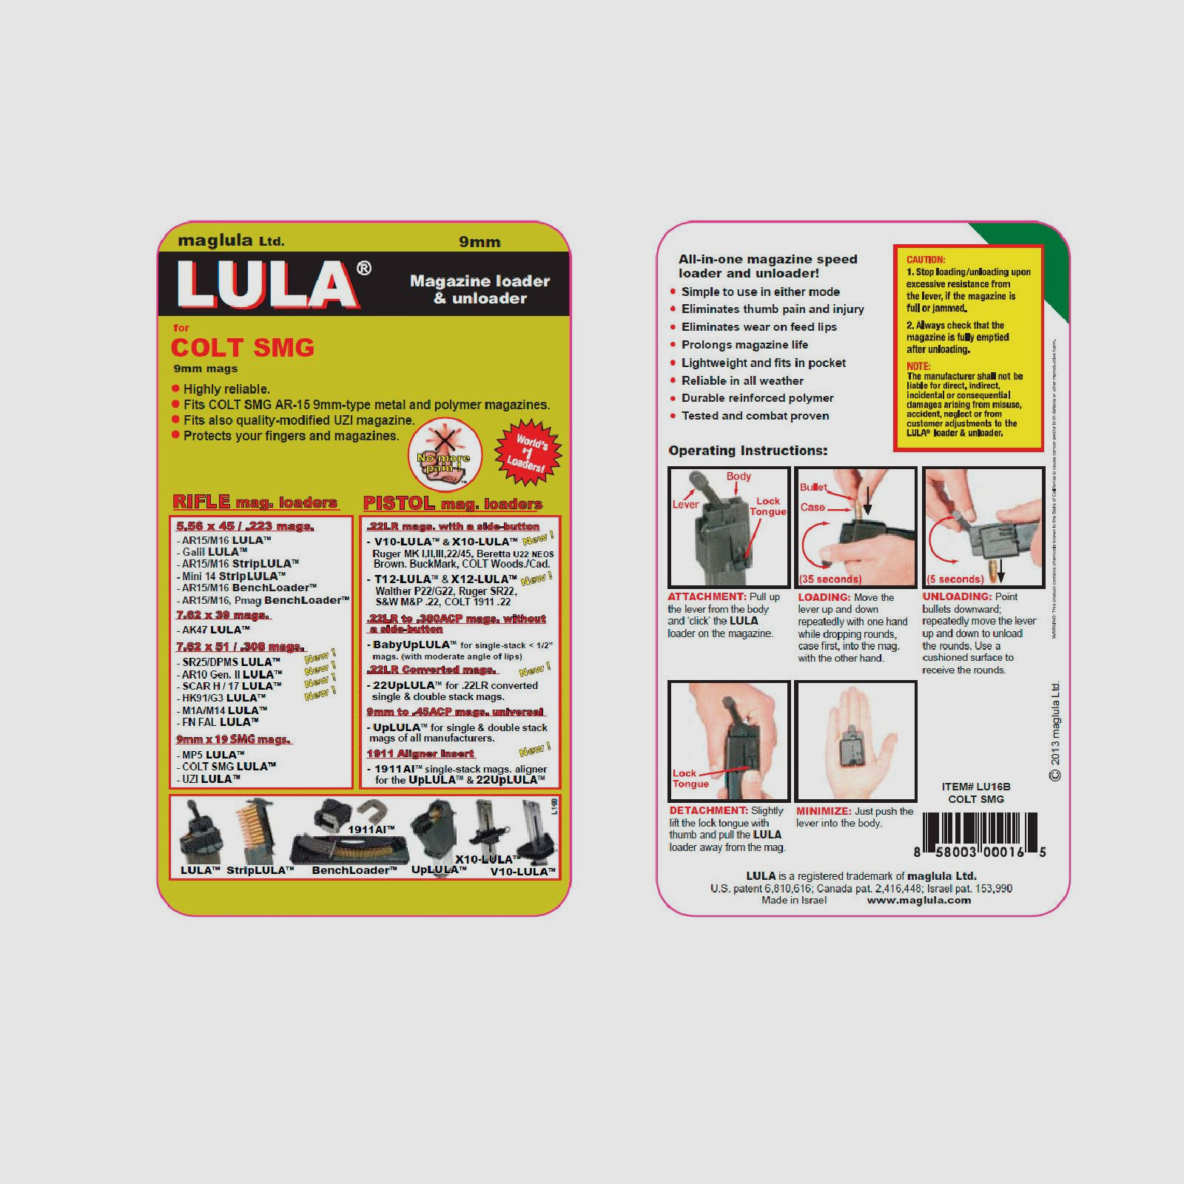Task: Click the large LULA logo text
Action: (268, 284)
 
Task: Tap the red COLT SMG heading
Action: (243, 348)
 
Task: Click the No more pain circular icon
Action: (445, 456)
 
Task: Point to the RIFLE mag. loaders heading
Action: (255, 502)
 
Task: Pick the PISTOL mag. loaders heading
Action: (453, 504)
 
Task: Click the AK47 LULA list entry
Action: (215, 630)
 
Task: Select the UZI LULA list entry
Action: (211, 779)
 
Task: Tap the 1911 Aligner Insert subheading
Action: (420, 754)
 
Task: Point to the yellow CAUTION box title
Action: (926, 260)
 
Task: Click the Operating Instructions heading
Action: (747, 451)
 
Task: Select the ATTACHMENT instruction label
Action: (707, 597)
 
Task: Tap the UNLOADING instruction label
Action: (957, 597)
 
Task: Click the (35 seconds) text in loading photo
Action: (830, 579)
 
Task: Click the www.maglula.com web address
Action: (919, 901)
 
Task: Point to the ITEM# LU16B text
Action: (976, 787)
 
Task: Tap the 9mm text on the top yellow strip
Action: (480, 242)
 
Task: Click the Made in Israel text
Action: (794, 901)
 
